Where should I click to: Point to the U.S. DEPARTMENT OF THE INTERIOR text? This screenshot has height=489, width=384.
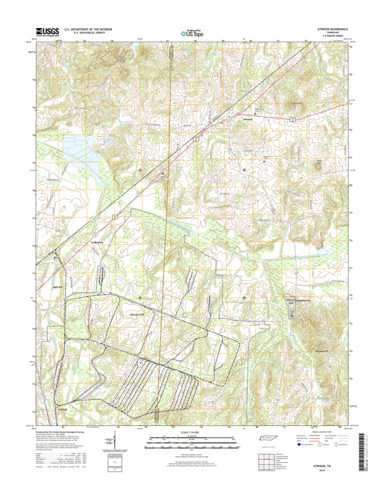[84, 29]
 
